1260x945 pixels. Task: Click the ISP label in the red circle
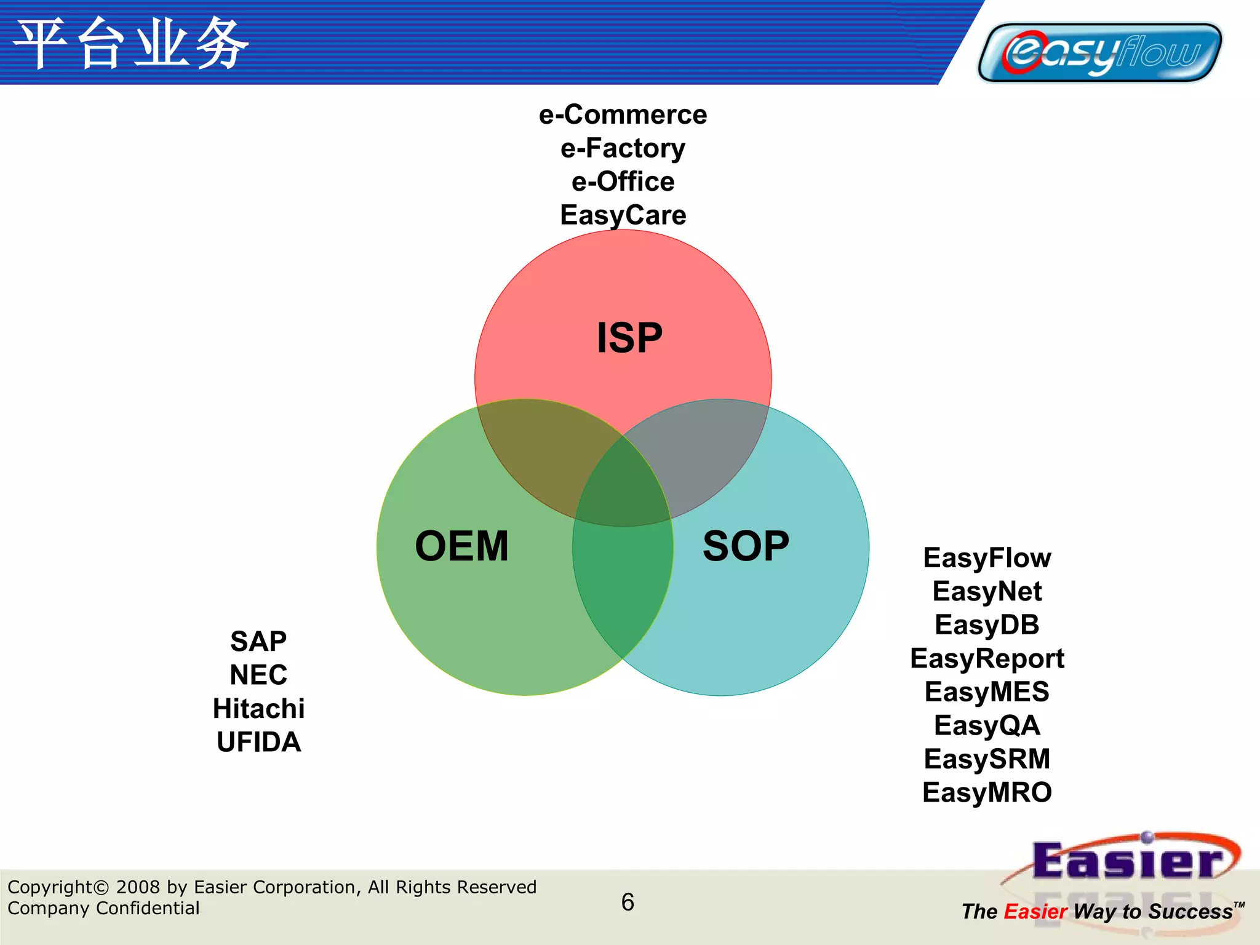pos(629,338)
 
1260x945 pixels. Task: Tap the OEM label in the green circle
pos(461,546)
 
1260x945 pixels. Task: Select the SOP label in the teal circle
pos(746,546)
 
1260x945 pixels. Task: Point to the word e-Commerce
pos(623,115)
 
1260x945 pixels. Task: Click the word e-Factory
pos(623,148)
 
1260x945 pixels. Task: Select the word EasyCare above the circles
pos(623,215)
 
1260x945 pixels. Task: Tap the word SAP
pos(258,642)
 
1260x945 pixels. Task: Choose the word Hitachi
pos(258,709)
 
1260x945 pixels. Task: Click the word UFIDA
pos(258,742)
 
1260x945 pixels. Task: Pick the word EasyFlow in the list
pos(987,558)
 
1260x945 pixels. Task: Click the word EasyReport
pos(987,658)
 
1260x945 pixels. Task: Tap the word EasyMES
pos(987,692)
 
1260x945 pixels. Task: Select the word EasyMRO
pos(987,792)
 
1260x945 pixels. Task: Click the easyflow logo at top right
pos(1099,52)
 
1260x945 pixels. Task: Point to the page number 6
pos(628,902)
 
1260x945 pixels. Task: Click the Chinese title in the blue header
pos(131,43)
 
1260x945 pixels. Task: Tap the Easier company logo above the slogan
pos(1126,861)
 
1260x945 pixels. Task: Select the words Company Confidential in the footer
pos(103,908)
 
